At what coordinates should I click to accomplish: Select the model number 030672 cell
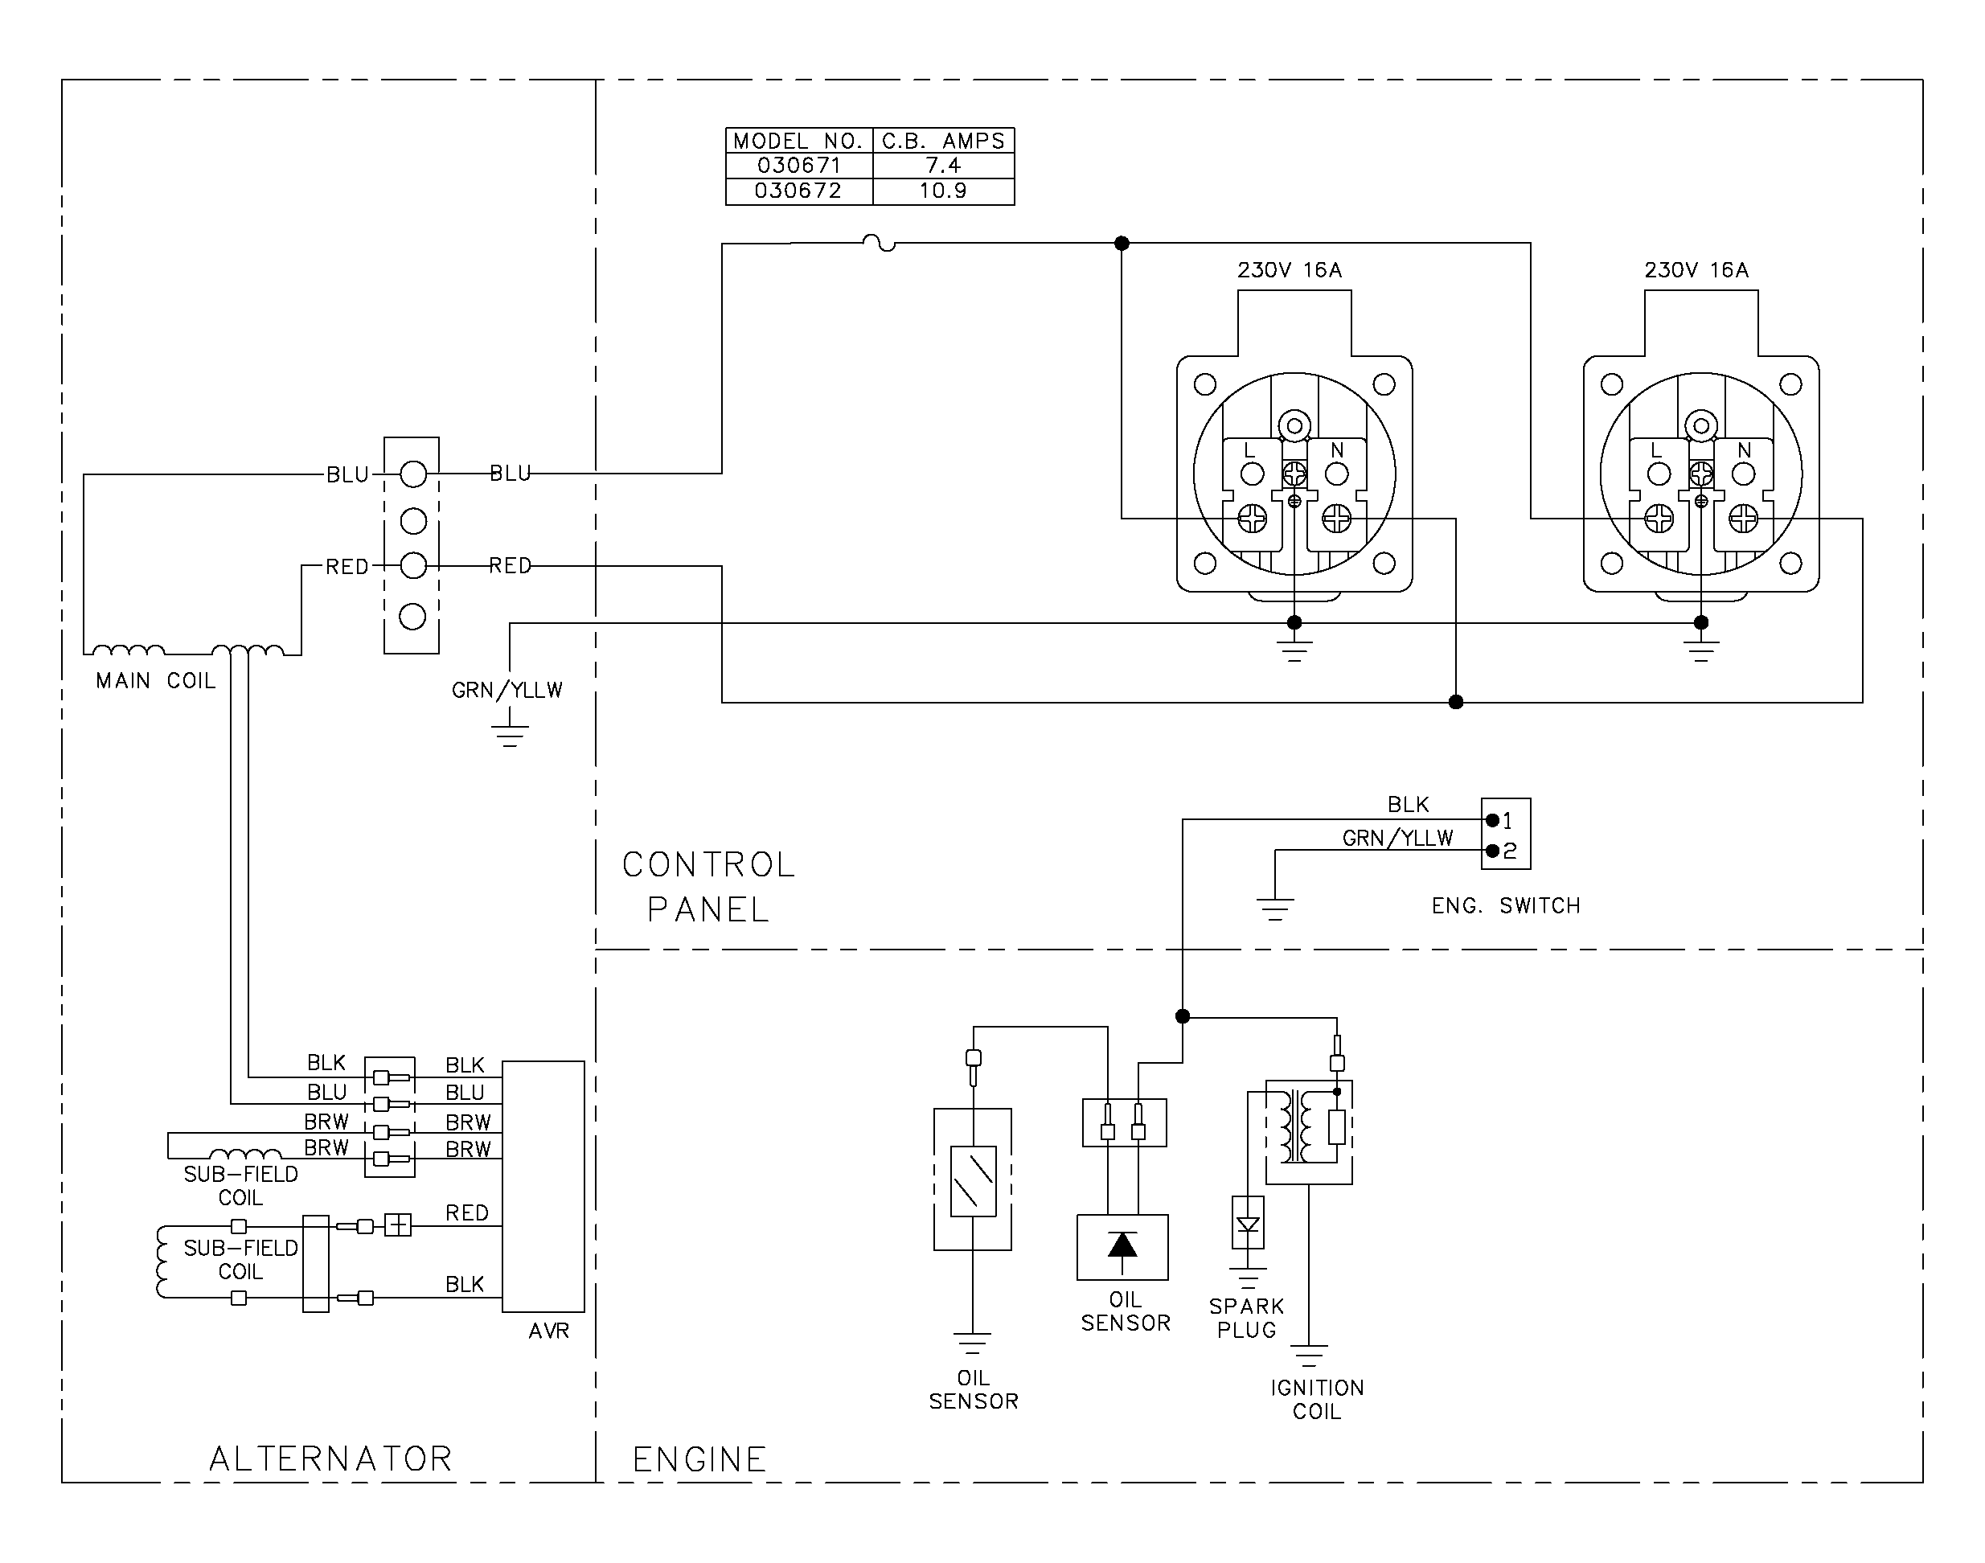point(798,191)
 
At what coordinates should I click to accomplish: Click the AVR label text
point(549,1331)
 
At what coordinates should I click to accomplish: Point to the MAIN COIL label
point(156,681)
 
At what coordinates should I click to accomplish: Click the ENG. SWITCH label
point(1507,906)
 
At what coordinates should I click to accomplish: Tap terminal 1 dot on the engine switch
point(1493,820)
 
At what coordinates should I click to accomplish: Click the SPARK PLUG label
point(1246,1319)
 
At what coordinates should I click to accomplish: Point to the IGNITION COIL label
point(1317,1400)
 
